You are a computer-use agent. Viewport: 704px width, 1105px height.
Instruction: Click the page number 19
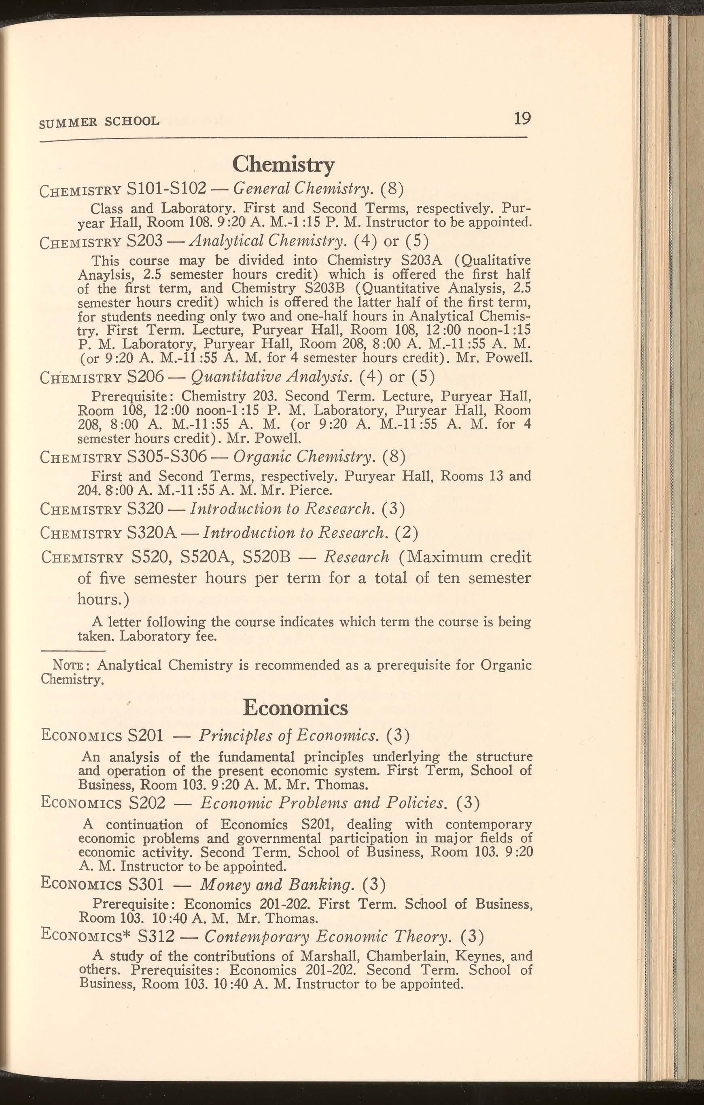click(x=522, y=119)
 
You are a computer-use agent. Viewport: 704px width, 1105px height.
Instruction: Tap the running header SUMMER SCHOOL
click(x=100, y=121)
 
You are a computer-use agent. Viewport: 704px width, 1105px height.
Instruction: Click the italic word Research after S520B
click(x=356, y=557)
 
